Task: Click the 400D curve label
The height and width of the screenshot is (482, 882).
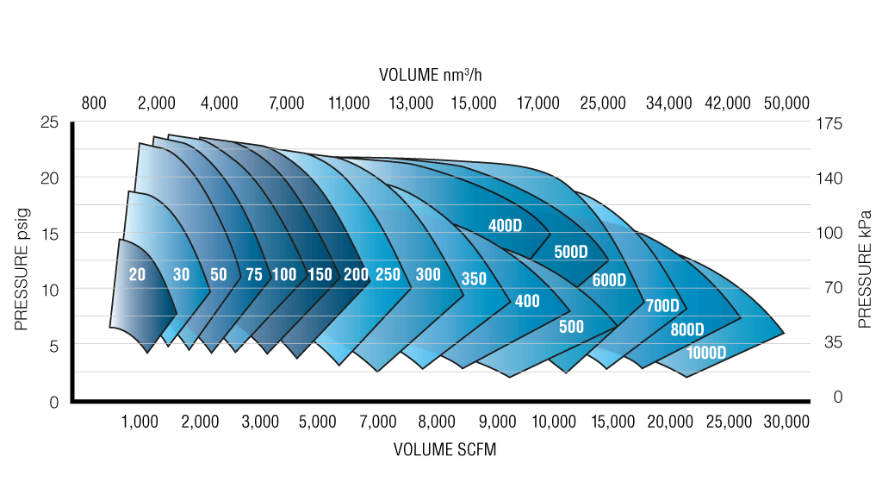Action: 506,227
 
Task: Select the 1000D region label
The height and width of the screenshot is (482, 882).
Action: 706,353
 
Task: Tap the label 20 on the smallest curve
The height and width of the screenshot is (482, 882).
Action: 138,275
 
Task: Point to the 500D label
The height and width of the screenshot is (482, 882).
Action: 570,253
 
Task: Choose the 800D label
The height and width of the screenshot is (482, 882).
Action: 687,329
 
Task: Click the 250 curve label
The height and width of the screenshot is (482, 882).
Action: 388,275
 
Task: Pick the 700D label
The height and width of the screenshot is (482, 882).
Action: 661,306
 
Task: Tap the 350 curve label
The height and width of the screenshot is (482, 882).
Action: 474,279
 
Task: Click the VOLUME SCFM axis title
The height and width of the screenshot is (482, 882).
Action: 445,449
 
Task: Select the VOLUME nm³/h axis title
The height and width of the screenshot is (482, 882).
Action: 436,75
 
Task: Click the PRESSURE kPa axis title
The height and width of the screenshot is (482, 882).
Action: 864,268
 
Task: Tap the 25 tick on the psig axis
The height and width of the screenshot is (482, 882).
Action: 50,123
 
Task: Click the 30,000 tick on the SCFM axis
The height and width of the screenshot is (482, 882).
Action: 786,422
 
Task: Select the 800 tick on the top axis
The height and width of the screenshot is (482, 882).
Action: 94,103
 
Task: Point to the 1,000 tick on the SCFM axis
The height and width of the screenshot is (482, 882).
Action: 140,422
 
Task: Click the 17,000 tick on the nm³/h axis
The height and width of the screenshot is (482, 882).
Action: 538,103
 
